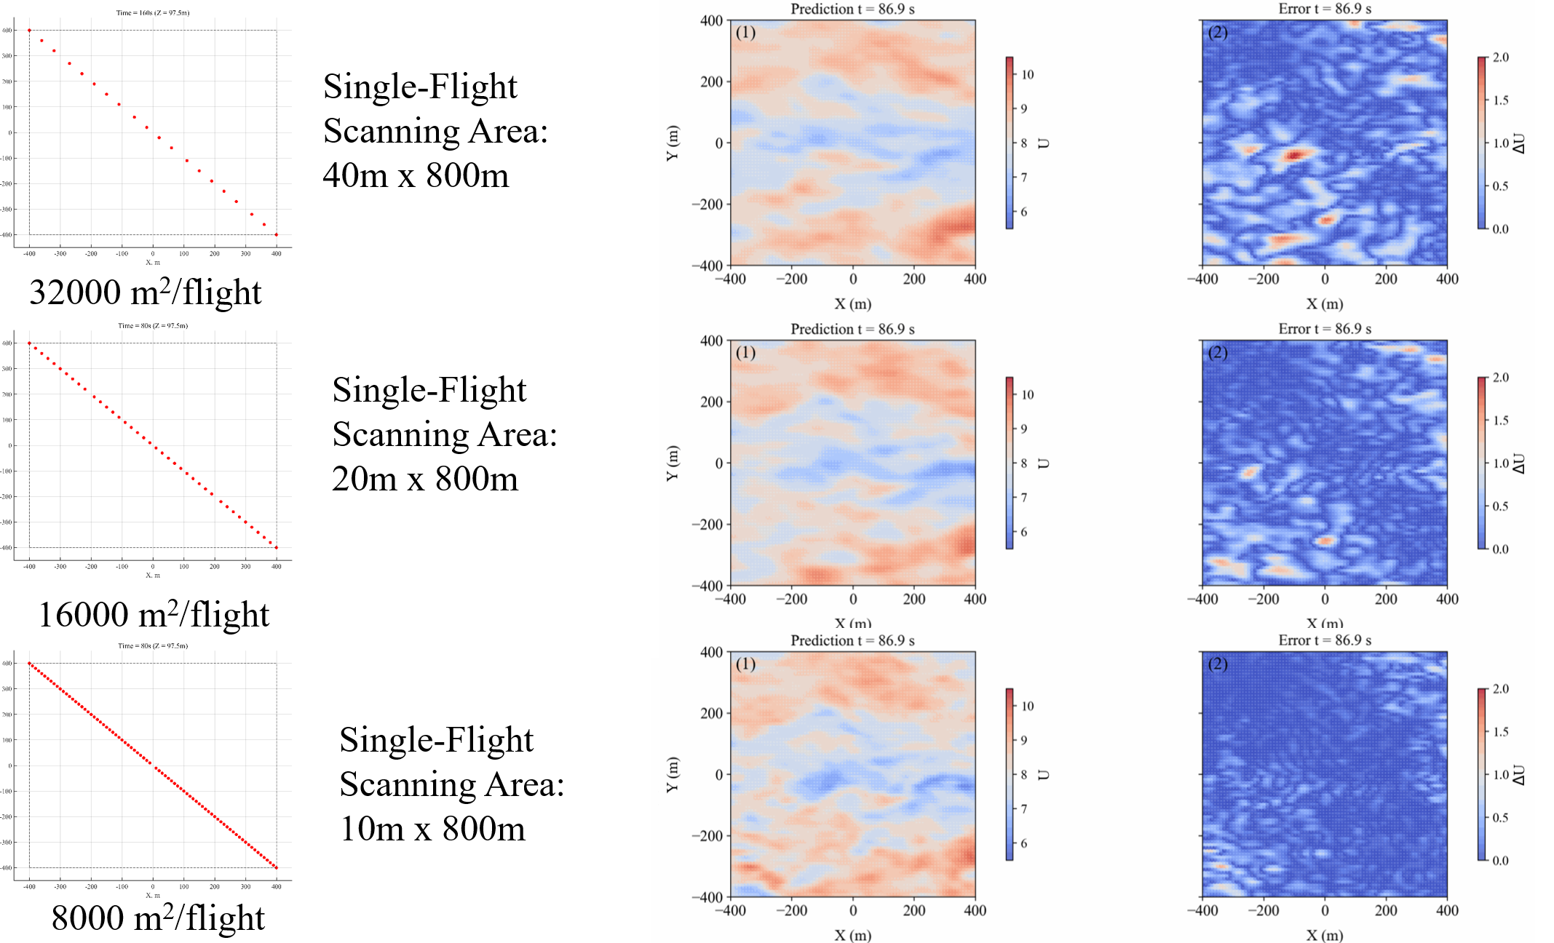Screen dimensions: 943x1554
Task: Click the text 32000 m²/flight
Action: click(145, 293)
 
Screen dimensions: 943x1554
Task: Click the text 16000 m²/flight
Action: click(153, 616)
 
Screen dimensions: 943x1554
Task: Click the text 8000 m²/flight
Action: click(157, 918)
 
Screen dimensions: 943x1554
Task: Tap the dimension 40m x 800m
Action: click(416, 175)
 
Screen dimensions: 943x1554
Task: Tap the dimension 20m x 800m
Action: click(425, 479)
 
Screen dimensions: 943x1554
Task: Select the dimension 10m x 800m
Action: click(432, 829)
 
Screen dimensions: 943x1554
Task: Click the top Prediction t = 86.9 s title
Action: click(852, 9)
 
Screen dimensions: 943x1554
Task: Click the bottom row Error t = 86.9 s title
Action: click(1325, 640)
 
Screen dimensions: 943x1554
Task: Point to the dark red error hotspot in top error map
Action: click(1293, 154)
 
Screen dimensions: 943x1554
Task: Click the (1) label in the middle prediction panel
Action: click(745, 353)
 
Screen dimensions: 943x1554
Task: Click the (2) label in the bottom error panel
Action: click(1218, 664)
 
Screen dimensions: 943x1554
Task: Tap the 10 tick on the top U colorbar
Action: click(1027, 74)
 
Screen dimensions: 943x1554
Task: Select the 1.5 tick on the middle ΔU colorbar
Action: click(1500, 421)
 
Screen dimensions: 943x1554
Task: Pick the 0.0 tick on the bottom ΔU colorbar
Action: click(1500, 860)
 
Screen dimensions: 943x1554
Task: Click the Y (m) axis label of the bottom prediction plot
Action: click(672, 774)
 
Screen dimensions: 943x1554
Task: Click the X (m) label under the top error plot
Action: click(1325, 303)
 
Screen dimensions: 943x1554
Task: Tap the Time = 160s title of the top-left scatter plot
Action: click(153, 12)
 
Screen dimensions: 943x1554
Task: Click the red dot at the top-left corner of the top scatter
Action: click(29, 31)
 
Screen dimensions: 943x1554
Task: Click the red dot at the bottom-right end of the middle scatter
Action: click(276, 547)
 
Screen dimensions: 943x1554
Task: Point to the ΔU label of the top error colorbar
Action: click(1520, 143)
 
